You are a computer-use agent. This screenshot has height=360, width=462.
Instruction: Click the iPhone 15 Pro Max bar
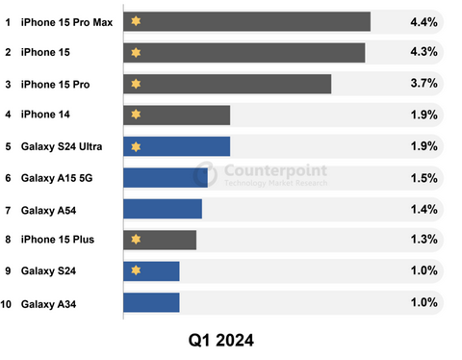pos(247,21)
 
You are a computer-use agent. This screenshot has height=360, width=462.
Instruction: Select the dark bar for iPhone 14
pos(177,116)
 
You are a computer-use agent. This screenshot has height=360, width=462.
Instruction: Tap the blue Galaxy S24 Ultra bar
pos(177,146)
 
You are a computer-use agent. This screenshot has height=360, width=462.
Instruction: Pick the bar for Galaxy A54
pos(163,209)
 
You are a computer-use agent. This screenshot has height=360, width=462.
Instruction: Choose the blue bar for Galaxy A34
pos(151,302)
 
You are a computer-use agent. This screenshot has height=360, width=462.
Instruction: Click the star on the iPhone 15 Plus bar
pos(136,239)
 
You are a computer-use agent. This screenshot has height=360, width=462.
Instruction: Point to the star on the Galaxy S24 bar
pos(136,270)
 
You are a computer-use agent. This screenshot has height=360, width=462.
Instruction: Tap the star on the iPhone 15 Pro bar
pos(136,84)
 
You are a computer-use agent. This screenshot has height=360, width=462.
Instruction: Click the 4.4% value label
pos(423,22)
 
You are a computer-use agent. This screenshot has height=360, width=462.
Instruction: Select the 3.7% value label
pos(423,83)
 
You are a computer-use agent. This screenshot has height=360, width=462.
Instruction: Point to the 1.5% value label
pos(424,178)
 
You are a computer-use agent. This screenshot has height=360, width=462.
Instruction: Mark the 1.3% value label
pos(424,239)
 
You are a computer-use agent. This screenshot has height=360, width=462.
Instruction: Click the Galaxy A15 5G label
pos(57,178)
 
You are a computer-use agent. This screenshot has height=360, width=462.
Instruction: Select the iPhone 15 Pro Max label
pos(66,22)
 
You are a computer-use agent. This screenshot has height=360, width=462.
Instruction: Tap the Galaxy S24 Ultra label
pos(62,146)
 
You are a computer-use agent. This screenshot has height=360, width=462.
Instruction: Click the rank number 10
pos(6,304)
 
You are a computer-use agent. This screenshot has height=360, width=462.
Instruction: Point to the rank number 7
pos(8,211)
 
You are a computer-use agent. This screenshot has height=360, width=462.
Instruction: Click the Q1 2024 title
pos(221,341)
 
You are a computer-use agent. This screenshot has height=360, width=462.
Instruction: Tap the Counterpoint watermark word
pos(275,170)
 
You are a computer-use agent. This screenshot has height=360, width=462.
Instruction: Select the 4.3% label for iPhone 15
pos(423,52)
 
